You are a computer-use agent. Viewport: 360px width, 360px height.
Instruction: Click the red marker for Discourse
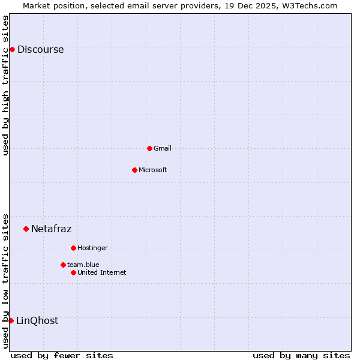pyautogui.click(x=12, y=49)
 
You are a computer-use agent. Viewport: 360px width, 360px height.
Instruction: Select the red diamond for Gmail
pyautogui.click(x=149, y=148)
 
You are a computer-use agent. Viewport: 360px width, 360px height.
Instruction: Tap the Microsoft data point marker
pyautogui.click(x=134, y=170)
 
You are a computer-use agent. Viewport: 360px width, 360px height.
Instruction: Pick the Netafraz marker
pyautogui.click(x=26, y=229)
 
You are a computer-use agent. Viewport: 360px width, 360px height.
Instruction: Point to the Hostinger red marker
pyautogui.click(x=73, y=248)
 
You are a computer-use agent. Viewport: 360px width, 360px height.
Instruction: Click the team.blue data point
pyautogui.click(x=63, y=265)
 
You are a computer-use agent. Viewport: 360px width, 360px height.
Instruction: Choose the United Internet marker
pyautogui.click(x=73, y=272)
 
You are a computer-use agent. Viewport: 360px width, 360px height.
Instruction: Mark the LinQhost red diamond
pyautogui.click(x=11, y=320)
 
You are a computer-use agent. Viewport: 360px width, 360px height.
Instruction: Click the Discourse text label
pyautogui.click(x=40, y=50)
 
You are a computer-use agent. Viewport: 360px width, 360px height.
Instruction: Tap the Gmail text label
pyautogui.click(x=162, y=148)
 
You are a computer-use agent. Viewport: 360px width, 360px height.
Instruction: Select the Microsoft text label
pyautogui.click(x=152, y=170)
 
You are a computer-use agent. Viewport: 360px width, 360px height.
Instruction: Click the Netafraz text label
pyautogui.click(x=51, y=229)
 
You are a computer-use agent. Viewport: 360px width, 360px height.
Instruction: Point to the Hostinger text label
pyautogui.click(x=92, y=248)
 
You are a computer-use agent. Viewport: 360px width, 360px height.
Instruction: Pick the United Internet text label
pyautogui.click(x=101, y=272)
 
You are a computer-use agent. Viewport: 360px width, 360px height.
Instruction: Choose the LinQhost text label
pyautogui.click(x=37, y=321)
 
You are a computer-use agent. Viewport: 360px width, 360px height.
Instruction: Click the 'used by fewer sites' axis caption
pyautogui.click(x=62, y=355)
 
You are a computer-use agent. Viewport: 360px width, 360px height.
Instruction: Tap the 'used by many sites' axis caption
pyautogui.click(x=301, y=355)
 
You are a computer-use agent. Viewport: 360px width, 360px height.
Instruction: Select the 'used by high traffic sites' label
pyautogui.click(x=6, y=85)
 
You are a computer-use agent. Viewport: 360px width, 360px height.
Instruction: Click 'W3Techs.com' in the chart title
pyautogui.click(x=310, y=5)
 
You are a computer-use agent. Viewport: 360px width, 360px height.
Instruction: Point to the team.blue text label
pyautogui.click(x=83, y=265)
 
